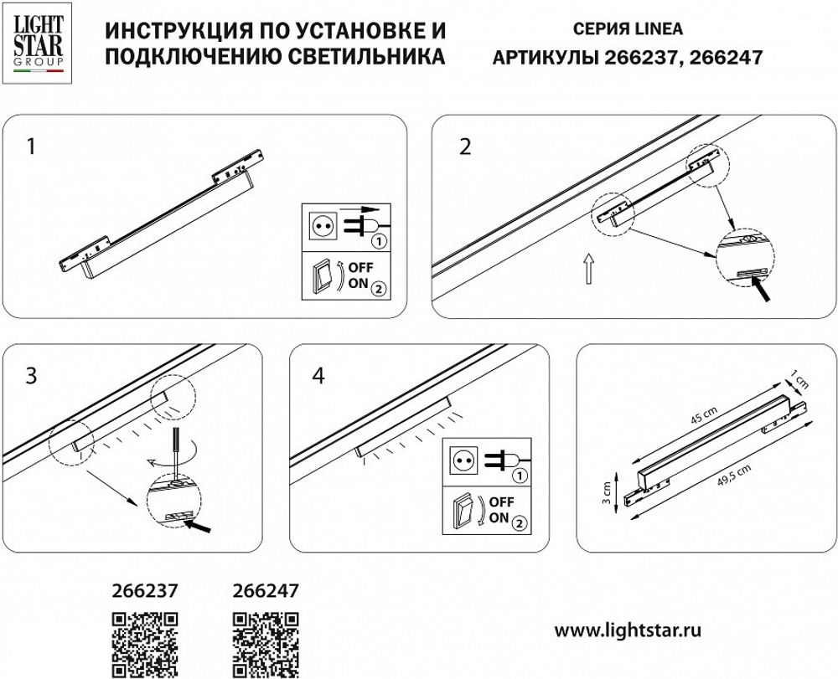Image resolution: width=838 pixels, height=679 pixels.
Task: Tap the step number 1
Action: [32, 147]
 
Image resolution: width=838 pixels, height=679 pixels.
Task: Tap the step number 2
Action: [466, 147]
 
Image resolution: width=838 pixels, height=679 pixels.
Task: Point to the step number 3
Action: [32, 376]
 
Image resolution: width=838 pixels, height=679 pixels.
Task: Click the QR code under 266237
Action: [145, 644]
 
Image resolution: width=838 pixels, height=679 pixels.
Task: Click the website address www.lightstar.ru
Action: [628, 628]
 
